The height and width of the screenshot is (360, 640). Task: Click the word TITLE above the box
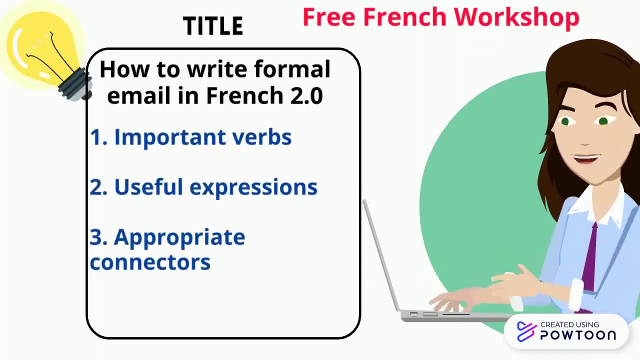[213, 26]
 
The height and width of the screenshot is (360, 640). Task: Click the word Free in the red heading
[329, 17]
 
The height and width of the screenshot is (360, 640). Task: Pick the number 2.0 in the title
[306, 95]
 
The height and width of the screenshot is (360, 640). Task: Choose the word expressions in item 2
[253, 187]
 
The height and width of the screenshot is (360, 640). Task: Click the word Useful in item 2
[148, 187]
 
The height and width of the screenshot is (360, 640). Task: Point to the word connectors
[150, 262]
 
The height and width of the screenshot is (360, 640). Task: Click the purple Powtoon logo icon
[526, 331]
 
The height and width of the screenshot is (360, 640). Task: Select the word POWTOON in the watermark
[578, 335]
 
